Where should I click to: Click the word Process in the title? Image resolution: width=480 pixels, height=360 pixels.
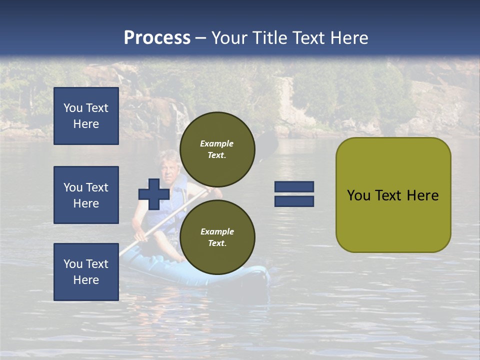click(x=157, y=37)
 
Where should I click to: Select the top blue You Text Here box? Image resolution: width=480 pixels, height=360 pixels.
click(x=86, y=116)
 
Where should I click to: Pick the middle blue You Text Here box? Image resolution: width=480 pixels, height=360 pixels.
click(x=86, y=195)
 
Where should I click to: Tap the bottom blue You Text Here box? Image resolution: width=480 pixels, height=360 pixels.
click(x=86, y=272)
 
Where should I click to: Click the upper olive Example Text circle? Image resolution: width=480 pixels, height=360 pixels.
click(x=217, y=149)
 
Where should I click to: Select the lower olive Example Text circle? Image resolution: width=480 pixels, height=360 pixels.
click(x=217, y=237)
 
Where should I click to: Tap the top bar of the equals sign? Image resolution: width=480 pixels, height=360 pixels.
click(x=294, y=186)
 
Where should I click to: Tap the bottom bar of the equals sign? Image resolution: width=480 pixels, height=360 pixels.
click(x=294, y=201)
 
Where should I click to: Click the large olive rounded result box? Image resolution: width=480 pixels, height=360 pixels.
click(x=393, y=195)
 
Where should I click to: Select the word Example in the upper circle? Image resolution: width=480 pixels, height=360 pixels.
click(x=217, y=143)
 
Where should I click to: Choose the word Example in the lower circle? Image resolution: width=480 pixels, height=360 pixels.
click(x=217, y=231)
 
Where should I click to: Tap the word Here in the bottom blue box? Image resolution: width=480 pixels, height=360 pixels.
click(x=86, y=280)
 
